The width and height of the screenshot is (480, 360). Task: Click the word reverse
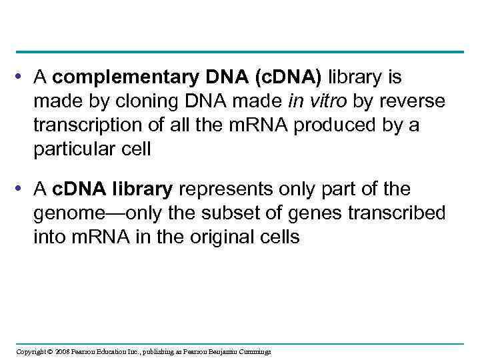415,103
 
